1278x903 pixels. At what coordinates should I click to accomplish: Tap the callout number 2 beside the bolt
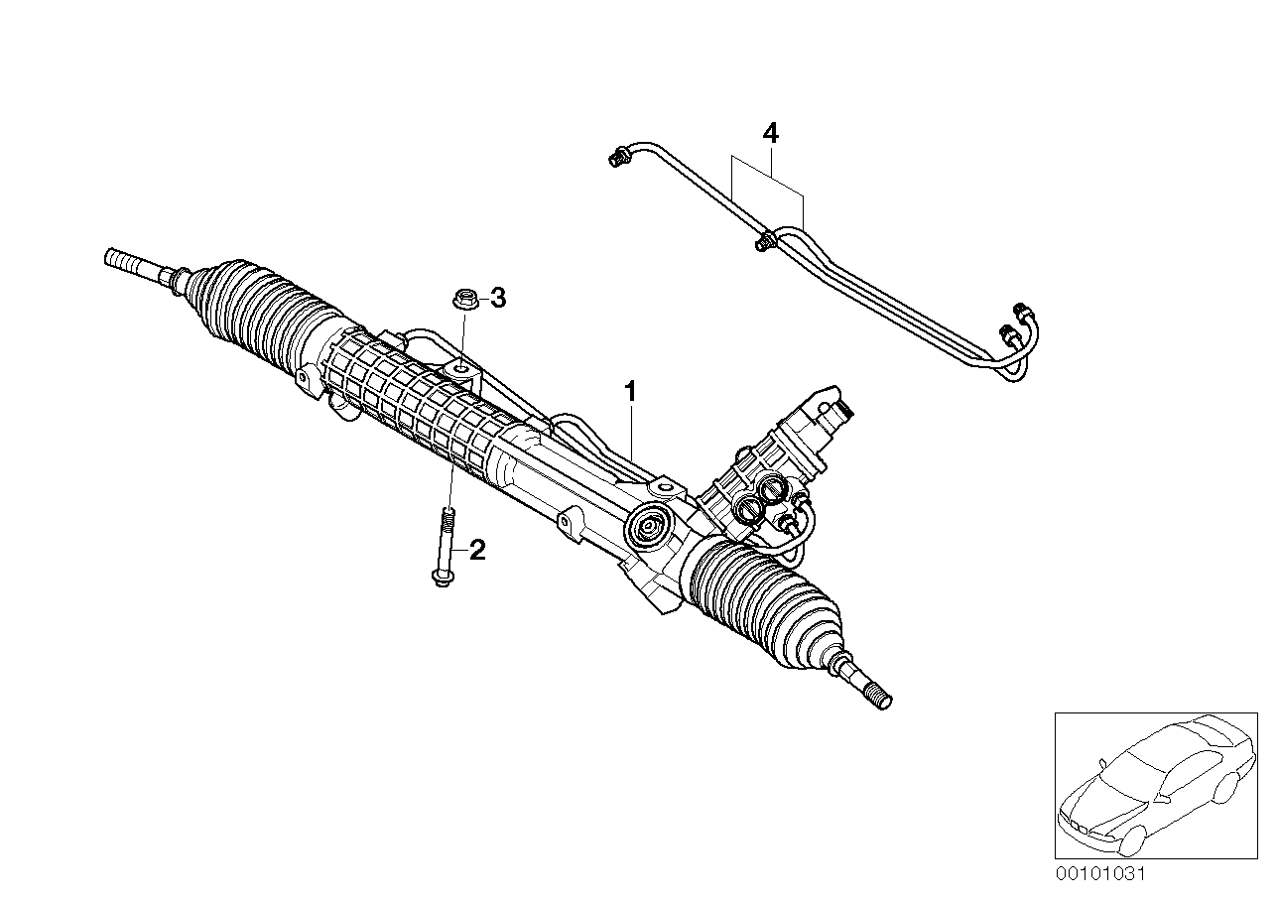[477, 550]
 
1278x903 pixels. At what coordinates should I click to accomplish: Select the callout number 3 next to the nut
[498, 297]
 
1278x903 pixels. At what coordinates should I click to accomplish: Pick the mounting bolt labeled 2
[447, 546]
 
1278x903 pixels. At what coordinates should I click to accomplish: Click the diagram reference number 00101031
[1100, 874]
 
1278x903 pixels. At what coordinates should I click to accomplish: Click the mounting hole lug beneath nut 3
[460, 368]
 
